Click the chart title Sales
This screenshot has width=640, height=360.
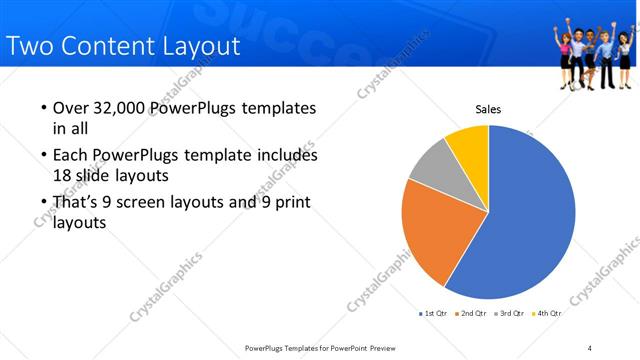pos(487,109)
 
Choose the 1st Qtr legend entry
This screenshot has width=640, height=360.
pos(434,313)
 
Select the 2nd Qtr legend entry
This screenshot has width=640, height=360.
pos(472,313)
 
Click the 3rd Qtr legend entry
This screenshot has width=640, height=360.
pos(510,313)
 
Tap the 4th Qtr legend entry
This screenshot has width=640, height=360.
pos(547,313)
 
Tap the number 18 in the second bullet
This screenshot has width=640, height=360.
pos(63,175)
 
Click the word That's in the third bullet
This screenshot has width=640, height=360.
pos(78,203)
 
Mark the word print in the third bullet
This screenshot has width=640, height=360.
pos(291,203)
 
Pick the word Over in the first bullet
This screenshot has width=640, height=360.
pos(69,108)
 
